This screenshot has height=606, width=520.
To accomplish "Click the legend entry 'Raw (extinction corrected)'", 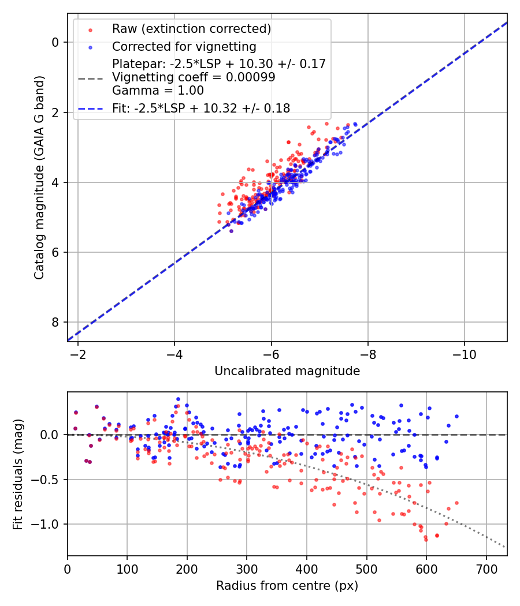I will click(191, 29).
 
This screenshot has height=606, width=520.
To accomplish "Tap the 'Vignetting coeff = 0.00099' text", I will click(194, 77).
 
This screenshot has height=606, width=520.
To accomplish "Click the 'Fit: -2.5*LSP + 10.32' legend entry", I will click(201, 108).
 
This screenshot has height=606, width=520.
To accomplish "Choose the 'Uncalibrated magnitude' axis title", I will click(287, 371).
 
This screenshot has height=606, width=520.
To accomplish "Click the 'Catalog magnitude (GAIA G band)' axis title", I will click(39, 178).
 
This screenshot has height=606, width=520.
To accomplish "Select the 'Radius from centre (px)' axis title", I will click(287, 586).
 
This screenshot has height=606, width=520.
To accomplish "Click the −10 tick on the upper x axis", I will click(465, 354).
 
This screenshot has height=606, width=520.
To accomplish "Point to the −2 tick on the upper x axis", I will click(78, 354).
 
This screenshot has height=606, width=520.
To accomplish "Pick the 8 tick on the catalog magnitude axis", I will click(55, 322).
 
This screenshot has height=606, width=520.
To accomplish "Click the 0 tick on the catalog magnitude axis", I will click(55, 42).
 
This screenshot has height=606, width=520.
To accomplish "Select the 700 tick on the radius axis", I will click(486, 568).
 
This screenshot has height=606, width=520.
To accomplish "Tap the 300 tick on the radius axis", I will click(247, 568).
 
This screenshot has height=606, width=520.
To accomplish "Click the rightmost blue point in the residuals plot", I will click(456, 416).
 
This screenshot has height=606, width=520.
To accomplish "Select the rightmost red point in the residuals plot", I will click(456, 503).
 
